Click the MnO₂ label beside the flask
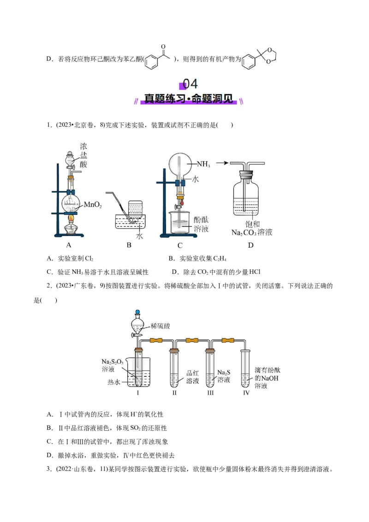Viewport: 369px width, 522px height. point(92,205)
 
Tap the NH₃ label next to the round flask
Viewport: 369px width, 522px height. point(203,164)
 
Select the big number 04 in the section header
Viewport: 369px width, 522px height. point(190,84)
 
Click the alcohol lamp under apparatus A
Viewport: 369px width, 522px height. point(71,226)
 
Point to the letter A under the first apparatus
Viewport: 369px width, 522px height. point(69,245)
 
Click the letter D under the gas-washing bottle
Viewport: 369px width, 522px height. point(250,245)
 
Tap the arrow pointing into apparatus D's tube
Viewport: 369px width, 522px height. point(222,162)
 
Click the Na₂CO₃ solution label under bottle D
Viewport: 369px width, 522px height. point(251,232)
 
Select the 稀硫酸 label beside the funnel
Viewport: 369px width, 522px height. point(160,326)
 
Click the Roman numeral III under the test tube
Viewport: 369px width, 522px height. point(210,393)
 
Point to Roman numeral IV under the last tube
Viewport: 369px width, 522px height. point(246,393)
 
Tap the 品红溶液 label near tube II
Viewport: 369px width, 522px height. point(192,377)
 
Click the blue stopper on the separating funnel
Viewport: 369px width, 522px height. point(137,312)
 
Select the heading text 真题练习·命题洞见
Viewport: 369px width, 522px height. point(189,99)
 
